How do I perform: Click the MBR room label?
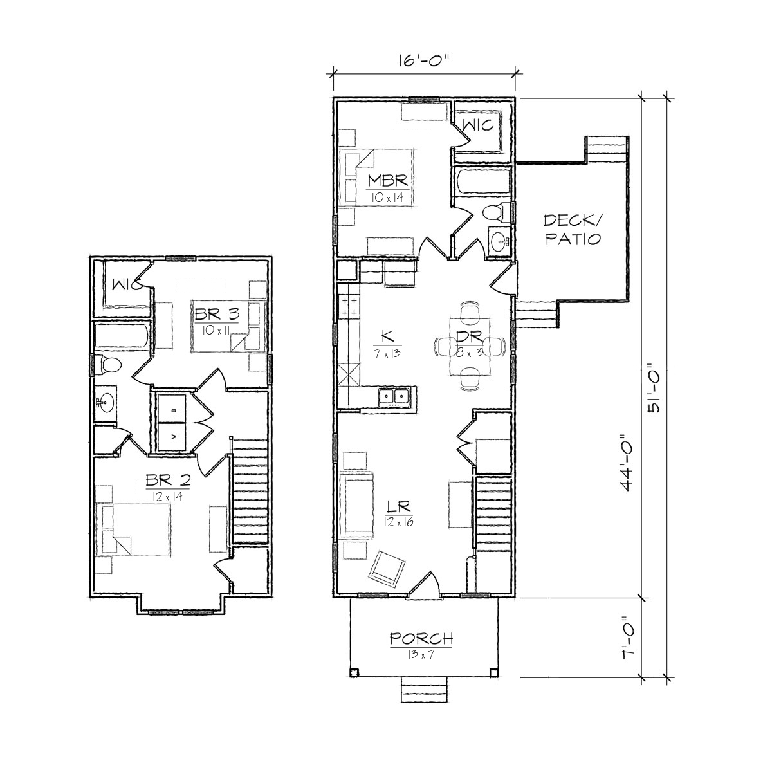coord(388,181)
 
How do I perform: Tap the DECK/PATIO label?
coord(573,230)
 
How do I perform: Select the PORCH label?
coord(421,639)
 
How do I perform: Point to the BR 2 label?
coord(168,479)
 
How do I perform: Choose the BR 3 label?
coord(217,314)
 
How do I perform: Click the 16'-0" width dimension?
coord(424,62)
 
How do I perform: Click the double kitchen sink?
coord(394,397)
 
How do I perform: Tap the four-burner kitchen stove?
coord(349,306)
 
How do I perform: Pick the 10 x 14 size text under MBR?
coord(388,197)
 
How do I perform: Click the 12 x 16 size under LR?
coord(398,522)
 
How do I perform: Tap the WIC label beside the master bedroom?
coord(478,125)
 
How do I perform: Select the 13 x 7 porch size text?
coord(420,655)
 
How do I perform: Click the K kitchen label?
coord(388,336)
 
